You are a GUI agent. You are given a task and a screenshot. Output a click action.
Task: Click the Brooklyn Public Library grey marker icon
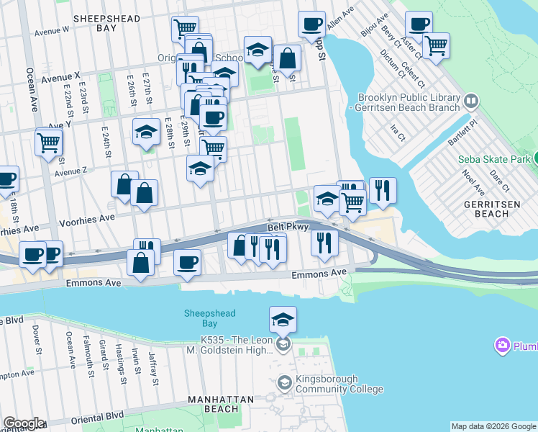click(x=472, y=101)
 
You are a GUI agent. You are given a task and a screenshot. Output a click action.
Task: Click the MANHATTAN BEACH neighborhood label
click(x=221, y=404)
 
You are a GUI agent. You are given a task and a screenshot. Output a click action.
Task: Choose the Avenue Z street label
click(x=70, y=171)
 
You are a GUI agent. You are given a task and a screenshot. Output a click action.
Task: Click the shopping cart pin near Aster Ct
click(x=436, y=46)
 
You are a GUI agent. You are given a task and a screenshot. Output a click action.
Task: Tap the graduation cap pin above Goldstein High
click(x=283, y=318)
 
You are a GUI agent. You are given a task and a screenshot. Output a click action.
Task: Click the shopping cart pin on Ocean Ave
click(x=48, y=141)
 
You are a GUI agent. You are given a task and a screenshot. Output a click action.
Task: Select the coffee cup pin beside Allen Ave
click(x=311, y=24)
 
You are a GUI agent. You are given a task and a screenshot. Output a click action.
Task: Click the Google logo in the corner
click(x=24, y=423)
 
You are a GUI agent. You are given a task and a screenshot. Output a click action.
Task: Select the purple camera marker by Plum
click(x=502, y=346)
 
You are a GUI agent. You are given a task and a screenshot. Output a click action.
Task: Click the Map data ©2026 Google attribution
click(x=493, y=426)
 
